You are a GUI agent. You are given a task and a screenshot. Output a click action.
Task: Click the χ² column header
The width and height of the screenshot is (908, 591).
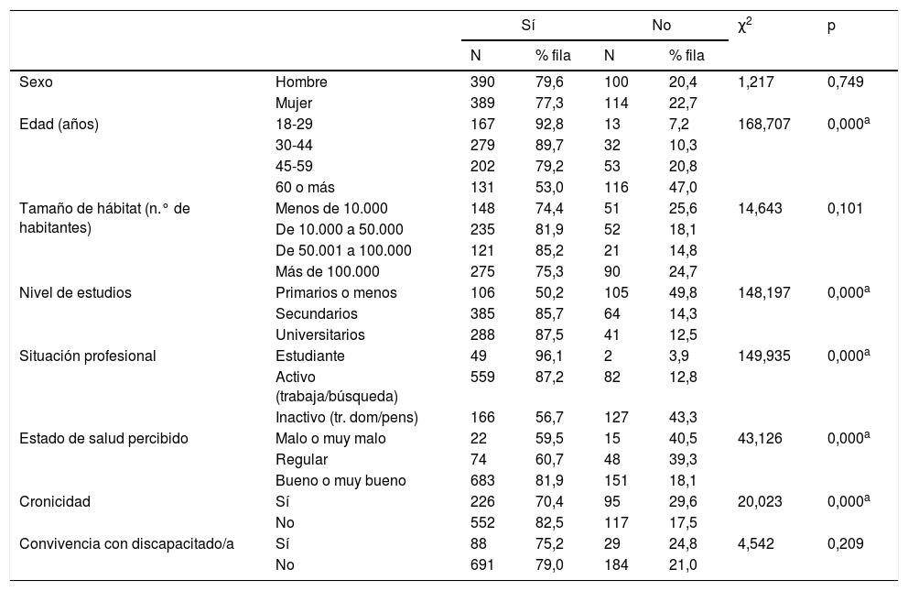(x=745, y=27)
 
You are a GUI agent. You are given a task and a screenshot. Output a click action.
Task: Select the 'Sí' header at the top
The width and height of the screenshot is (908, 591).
(x=528, y=27)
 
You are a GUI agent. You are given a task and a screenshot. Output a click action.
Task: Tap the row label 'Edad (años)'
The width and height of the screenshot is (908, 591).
(x=59, y=123)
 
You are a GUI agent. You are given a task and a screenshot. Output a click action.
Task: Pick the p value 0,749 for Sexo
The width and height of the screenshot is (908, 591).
(x=844, y=82)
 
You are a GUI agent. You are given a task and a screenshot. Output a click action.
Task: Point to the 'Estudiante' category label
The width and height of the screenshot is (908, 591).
(x=309, y=356)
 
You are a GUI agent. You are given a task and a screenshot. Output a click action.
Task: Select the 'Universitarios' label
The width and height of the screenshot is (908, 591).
(x=319, y=334)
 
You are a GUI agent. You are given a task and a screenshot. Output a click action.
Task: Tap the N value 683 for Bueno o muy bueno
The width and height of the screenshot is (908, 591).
(x=482, y=480)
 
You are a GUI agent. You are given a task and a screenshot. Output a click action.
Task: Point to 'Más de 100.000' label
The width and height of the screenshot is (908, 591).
(x=327, y=272)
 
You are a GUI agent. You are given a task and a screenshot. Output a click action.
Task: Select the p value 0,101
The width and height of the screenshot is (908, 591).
(x=844, y=208)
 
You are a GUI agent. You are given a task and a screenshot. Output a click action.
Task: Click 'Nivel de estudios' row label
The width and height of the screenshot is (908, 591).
(x=75, y=293)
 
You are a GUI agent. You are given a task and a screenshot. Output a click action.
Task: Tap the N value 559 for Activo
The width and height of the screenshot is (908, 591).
(x=482, y=378)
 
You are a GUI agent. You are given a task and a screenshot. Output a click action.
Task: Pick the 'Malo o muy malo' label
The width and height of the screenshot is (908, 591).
(x=330, y=439)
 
